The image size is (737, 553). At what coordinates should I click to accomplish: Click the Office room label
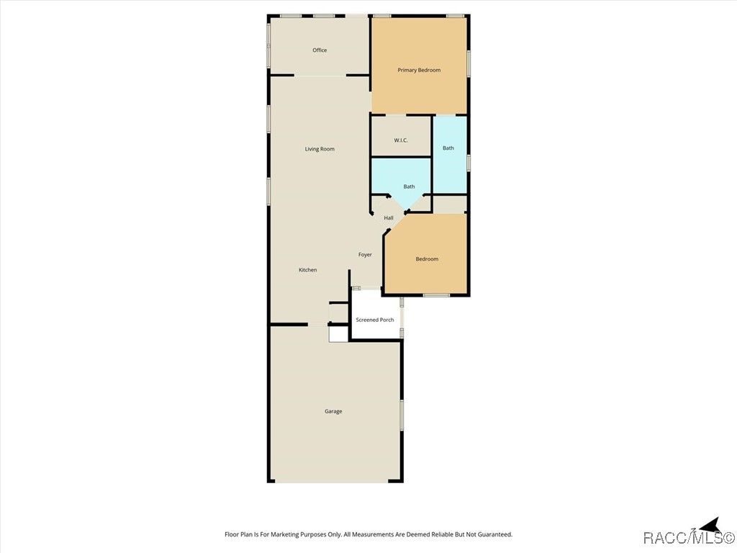320,50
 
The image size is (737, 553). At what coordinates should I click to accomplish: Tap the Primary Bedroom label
419,70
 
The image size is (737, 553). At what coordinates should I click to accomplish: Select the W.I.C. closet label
401,140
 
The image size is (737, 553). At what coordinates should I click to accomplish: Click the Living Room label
320,149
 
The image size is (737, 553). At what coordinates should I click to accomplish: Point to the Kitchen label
308,270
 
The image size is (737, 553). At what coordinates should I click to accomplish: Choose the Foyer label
365,254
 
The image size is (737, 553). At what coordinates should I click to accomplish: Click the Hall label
389,217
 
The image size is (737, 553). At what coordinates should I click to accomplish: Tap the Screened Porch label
374,320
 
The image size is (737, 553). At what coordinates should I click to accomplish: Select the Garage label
333,411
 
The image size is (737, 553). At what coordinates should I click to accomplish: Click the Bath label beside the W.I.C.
448,148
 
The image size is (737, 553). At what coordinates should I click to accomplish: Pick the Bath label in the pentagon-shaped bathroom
409,186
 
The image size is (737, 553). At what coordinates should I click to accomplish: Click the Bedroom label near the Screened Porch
427,259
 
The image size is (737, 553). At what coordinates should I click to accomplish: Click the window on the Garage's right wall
402,415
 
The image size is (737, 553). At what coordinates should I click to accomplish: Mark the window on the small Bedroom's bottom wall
436,295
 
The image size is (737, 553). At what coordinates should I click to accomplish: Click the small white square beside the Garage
338,334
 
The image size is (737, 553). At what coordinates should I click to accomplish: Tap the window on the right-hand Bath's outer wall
468,162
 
